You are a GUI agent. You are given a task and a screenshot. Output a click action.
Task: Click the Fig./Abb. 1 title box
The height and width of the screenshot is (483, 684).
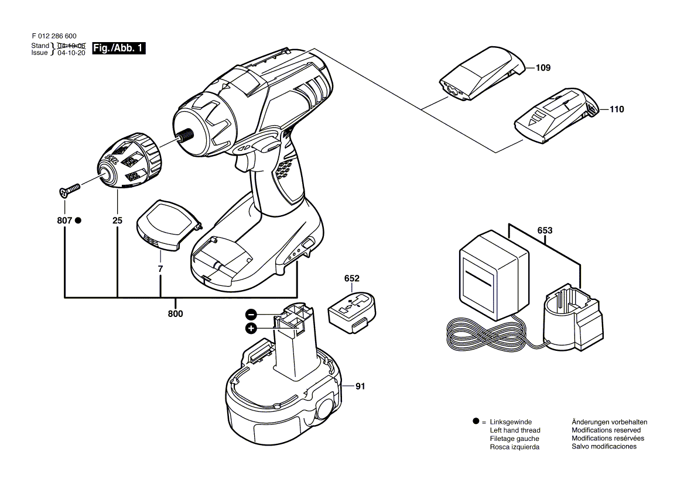point(119,48)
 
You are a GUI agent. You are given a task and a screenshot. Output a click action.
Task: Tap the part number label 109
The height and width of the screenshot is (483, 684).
point(543,68)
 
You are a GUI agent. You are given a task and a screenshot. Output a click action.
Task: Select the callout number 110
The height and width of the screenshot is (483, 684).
point(617,109)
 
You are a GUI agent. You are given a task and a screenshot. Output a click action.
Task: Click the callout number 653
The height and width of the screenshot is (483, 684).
point(545,230)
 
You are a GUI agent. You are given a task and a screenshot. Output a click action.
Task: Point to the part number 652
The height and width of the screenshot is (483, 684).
point(351,278)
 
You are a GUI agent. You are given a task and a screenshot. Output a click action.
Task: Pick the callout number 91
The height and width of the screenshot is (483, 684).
point(360,387)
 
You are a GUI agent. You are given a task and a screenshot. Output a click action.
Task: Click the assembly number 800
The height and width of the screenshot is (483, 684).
point(175,313)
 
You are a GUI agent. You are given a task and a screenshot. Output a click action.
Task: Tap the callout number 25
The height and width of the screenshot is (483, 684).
point(117,221)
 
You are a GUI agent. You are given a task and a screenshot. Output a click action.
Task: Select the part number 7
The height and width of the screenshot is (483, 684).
point(160,269)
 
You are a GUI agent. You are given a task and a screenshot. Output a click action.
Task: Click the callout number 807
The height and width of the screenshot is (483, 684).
point(64,221)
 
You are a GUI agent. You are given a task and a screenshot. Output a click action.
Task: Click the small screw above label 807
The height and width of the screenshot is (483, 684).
point(69,190)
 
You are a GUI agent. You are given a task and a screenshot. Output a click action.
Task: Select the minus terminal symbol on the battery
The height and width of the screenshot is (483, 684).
point(251,315)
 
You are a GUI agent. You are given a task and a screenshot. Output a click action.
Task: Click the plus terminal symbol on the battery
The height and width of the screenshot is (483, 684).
point(251,329)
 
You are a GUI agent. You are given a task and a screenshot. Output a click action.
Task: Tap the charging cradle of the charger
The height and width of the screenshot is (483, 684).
point(573,318)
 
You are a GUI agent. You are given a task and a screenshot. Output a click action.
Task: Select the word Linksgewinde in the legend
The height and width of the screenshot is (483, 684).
point(511,422)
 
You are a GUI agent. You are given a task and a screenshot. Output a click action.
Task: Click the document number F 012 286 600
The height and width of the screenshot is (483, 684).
point(54,36)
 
